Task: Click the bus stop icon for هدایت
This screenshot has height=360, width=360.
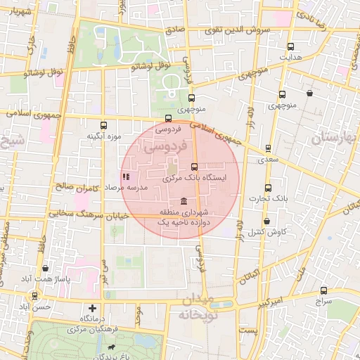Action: pyautogui.click(x=290, y=46)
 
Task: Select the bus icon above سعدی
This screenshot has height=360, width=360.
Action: pyautogui.click(x=268, y=148)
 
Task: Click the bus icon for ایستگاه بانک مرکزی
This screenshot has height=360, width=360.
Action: pyautogui.click(x=195, y=167)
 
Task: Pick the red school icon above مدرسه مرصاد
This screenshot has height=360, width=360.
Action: pyautogui.click(x=126, y=176)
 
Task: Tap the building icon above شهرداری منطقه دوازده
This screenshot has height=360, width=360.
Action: pyautogui.click(x=184, y=201)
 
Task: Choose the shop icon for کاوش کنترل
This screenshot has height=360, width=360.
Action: pyautogui.click(x=266, y=221)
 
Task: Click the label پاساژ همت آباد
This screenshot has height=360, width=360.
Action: pyautogui.click(x=46, y=279)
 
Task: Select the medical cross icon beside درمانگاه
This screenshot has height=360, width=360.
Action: pyautogui.click(x=92, y=308)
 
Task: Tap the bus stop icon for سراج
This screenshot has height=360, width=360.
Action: pyautogui.click(x=323, y=290)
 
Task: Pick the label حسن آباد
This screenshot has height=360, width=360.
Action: pyautogui.click(x=35, y=307)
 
